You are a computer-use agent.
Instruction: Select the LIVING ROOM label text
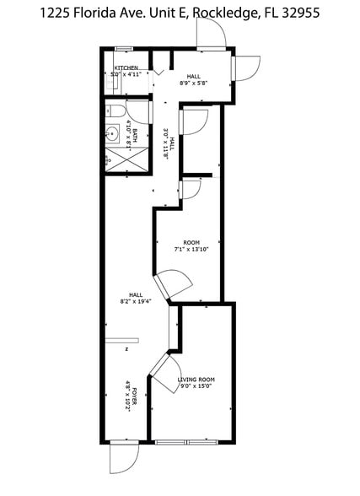[196, 380]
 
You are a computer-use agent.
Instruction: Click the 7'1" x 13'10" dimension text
[191, 249]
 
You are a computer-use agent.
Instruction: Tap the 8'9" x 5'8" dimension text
[193, 83]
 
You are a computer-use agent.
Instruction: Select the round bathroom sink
[112, 132]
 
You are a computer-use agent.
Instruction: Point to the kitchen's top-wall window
[124, 48]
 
